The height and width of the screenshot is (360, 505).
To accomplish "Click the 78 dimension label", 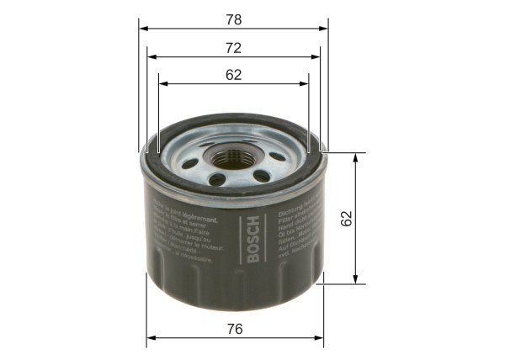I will pos(234,18).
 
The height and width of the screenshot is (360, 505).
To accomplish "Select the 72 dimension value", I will pos(234,47).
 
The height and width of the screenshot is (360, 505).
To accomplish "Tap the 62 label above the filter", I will pos(234,74).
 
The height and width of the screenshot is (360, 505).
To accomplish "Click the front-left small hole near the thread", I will pos(217,178).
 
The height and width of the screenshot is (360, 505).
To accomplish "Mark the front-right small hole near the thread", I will pos(260,176).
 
